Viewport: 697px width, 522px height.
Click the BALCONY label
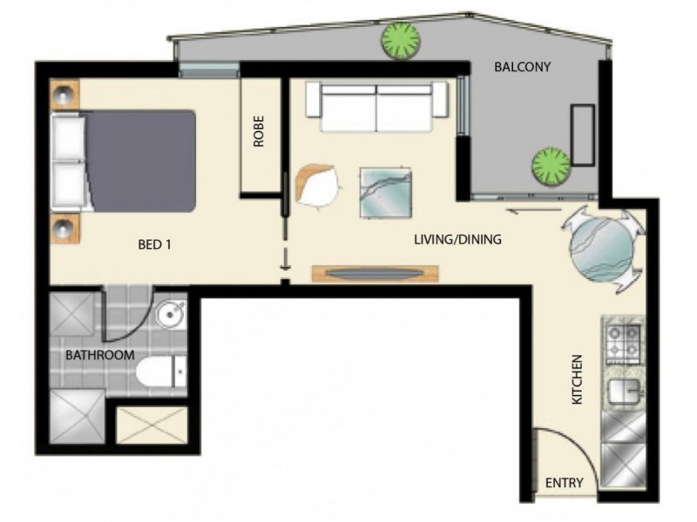point(523,66)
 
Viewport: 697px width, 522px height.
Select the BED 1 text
point(155,244)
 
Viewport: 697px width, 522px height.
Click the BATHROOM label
point(100,355)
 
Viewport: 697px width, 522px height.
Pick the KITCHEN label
point(576,379)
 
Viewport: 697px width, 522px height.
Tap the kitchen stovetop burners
point(621,343)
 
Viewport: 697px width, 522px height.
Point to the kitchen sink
point(621,391)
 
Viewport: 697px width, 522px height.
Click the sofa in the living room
point(379,108)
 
